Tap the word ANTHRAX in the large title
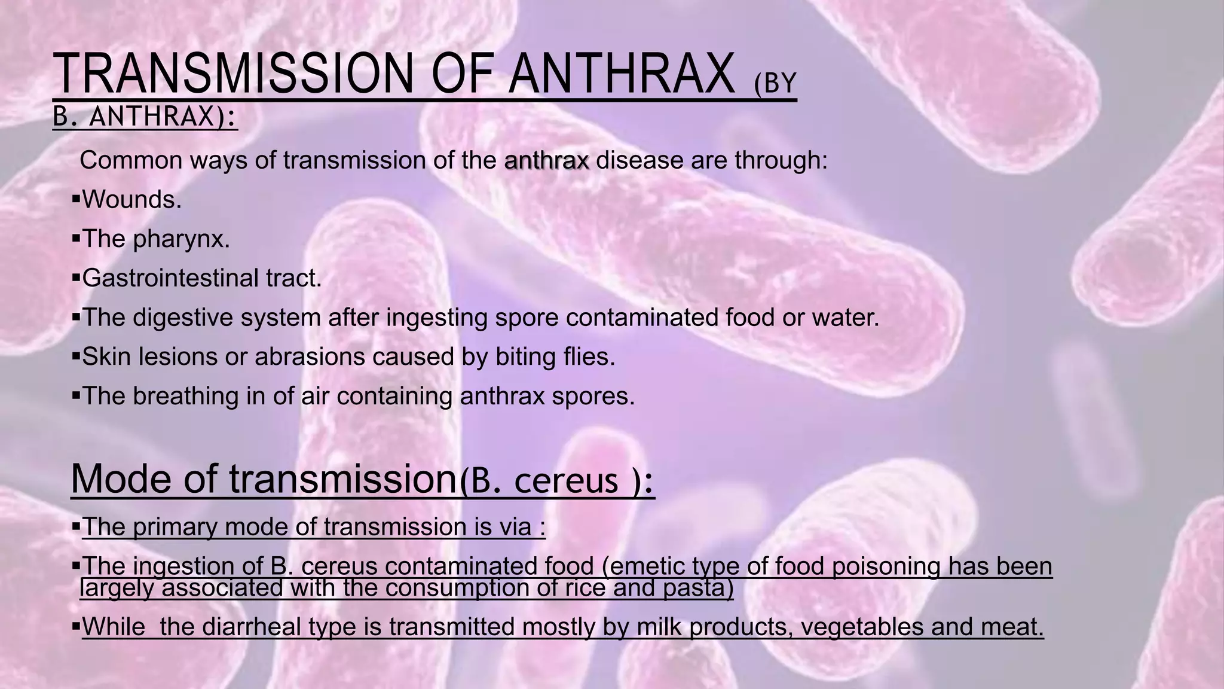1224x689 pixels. coord(622,75)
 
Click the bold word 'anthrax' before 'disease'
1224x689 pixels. coord(547,160)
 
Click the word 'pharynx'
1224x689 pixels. coord(180,239)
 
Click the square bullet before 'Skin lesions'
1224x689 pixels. coord(75,356)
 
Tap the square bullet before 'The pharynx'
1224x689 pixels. coord(75,239)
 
